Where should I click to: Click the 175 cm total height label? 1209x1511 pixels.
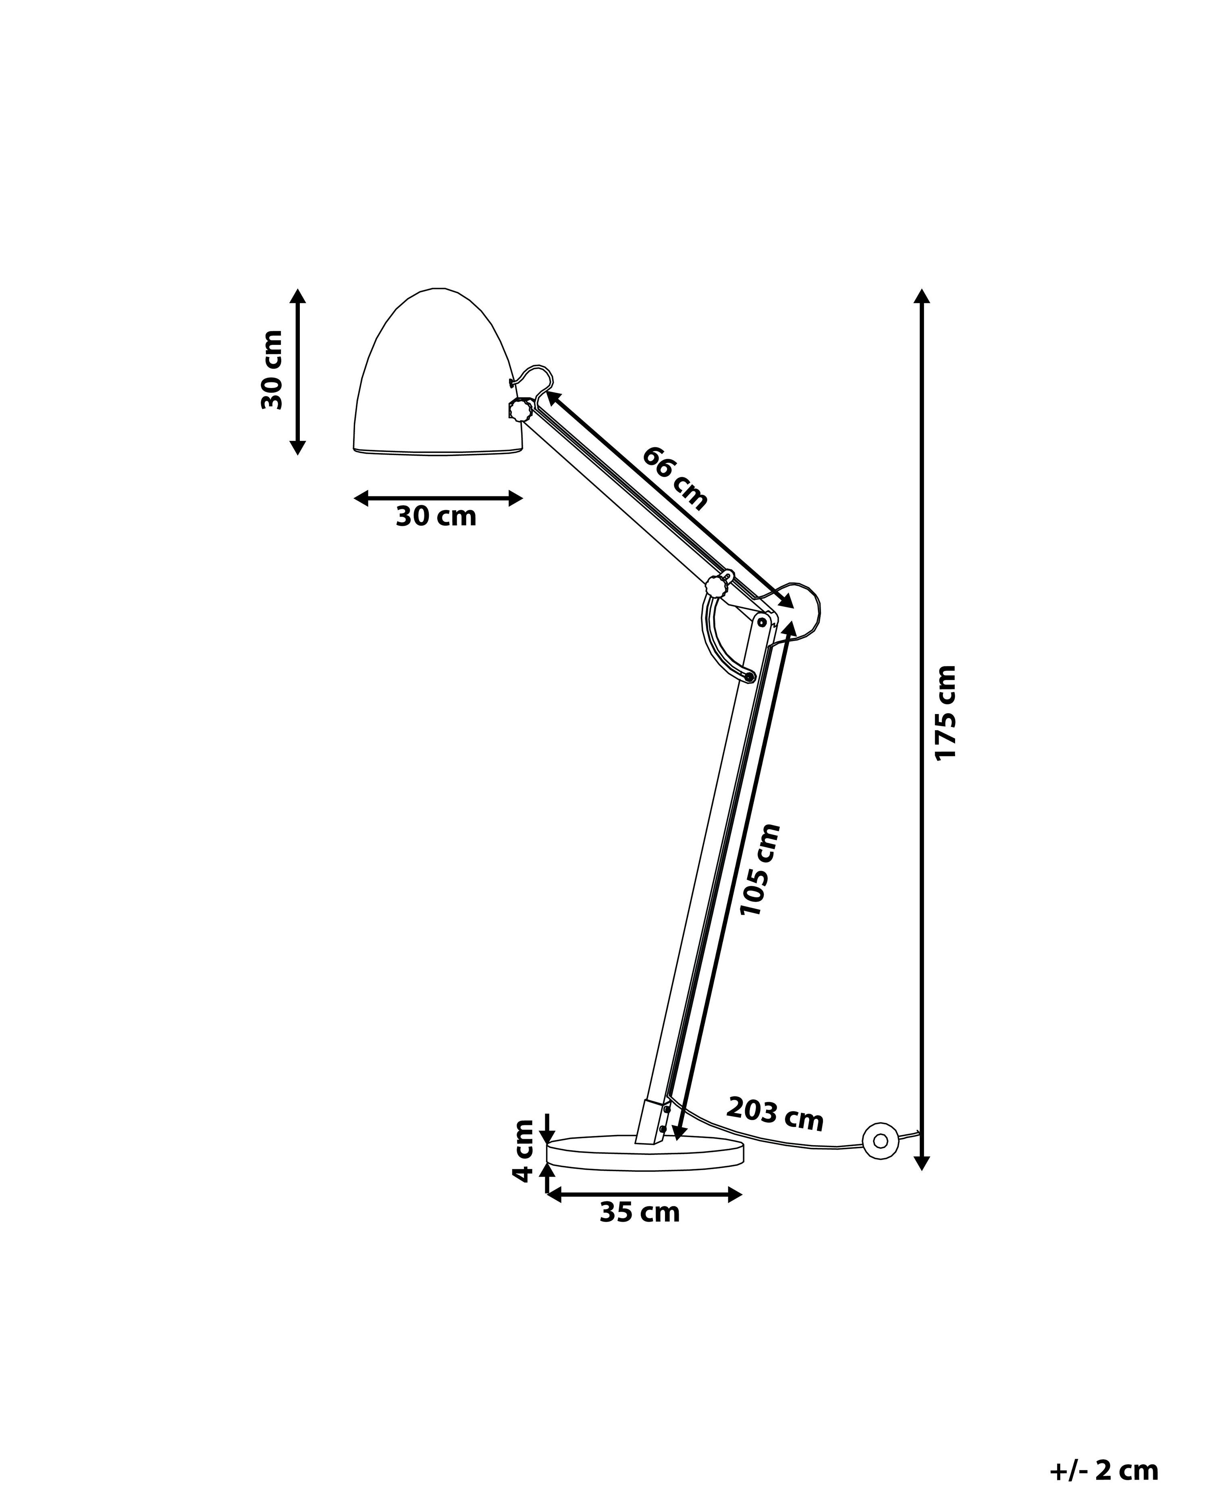(x=945, y=712)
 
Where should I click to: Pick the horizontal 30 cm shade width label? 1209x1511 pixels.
(x=436, y=517)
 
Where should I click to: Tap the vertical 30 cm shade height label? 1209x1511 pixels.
(x=272, y=370)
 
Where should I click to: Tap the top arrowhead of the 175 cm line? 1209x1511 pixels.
(x=922, y=295)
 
